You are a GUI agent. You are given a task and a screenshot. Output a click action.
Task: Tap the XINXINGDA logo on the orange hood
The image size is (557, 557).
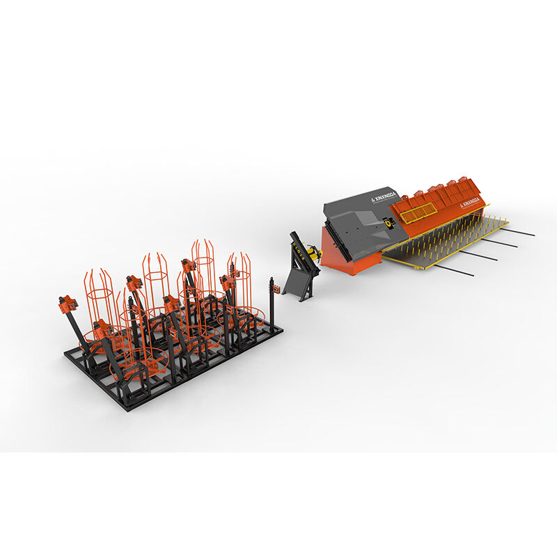[x=471, y=201]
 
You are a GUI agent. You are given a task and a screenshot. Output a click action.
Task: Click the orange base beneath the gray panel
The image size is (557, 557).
[x=348, y=258]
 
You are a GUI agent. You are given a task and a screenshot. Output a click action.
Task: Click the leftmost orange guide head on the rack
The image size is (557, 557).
[x=68, y=304]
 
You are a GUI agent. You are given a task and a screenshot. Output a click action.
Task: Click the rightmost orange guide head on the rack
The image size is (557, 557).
[x=226, y=280]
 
